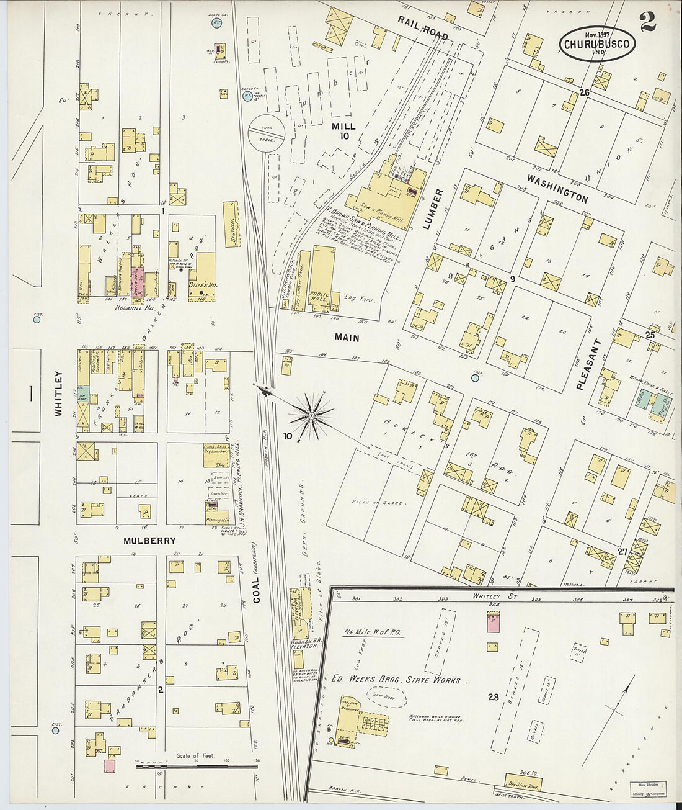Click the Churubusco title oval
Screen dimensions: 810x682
point(597,43)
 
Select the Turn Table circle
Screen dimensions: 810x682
point(266,132)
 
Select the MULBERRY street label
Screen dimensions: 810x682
point(150,541)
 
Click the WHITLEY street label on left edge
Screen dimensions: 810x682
point(59,393)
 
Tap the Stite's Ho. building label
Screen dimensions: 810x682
point(201,286)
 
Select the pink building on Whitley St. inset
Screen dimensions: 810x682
point(494,622)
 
